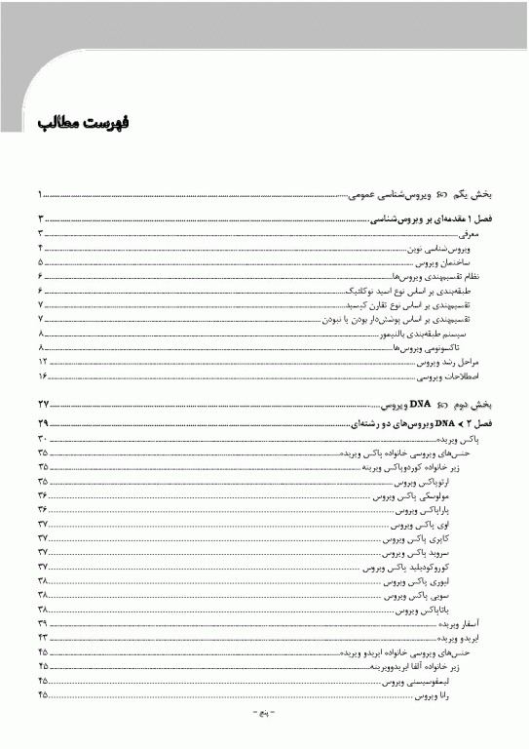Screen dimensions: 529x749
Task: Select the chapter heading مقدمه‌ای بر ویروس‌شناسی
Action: pos(429,221)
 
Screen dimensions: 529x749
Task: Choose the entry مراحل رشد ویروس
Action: pos(453,362)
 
